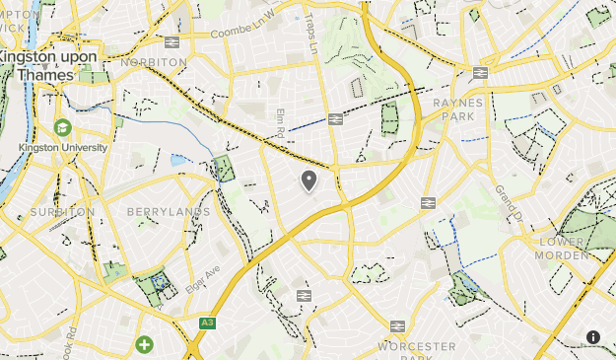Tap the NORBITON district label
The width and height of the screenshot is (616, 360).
tap(154, 61)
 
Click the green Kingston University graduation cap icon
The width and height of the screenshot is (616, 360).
tap(63, 128)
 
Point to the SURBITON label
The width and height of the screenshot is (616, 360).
tap(62, 212)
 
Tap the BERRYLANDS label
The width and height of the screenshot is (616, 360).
tap(169, 212)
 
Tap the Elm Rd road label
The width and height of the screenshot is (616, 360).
tap(280, 123)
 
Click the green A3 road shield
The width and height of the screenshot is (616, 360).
tap(207, 323)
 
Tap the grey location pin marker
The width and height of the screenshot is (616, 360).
tap(308, 180)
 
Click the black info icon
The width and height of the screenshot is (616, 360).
tap(593, 337)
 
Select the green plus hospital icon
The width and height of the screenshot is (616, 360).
tap(145, 344)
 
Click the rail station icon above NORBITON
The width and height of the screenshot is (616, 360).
tap(171, 42)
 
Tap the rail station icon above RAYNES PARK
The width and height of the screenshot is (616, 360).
tap(481, 72)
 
